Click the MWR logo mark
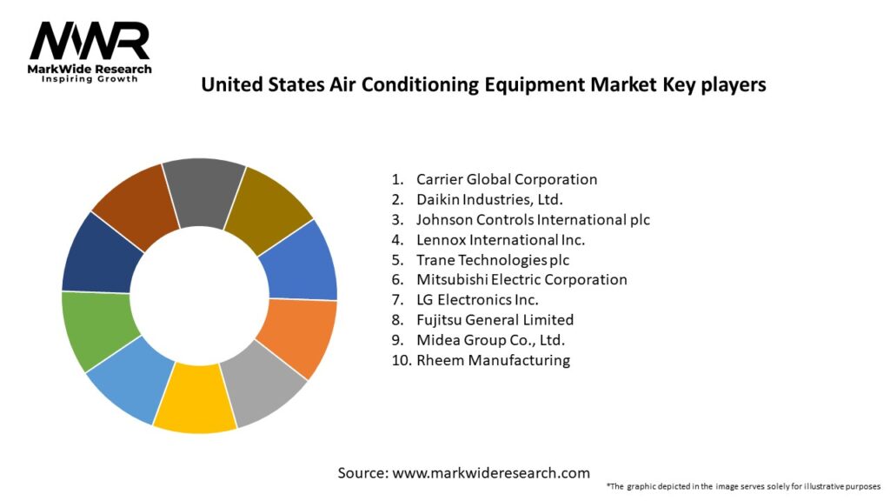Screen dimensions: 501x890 [90, 41]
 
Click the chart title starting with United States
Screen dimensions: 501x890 [483, 85]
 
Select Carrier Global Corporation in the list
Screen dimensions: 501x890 [506, 179]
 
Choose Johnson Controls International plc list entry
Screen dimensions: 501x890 [532, 219]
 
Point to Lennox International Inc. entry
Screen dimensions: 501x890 [500, 239]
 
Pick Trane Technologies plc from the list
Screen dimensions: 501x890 [493, 259]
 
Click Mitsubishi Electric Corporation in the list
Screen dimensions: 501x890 [521, 279]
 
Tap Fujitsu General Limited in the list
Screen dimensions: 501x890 [495, 319]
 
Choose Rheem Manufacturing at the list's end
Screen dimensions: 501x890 [493, 359]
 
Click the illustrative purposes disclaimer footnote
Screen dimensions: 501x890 [743, 486]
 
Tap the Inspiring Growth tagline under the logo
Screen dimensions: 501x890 [90, 79]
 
